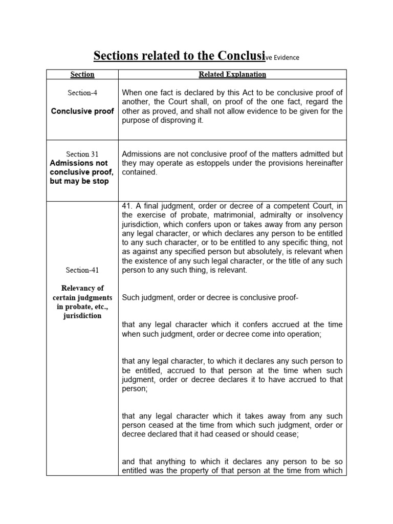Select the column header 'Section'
(82, 74)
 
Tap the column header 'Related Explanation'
(232, 74)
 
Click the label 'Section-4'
(82, 93)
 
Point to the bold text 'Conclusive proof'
(82, 111)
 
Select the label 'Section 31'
(82, 154)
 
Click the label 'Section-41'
(82, 270)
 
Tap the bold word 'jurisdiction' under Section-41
(82, 316)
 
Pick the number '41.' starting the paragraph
(127, 205)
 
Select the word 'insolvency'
(322, 214)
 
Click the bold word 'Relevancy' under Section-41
(82, 288)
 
